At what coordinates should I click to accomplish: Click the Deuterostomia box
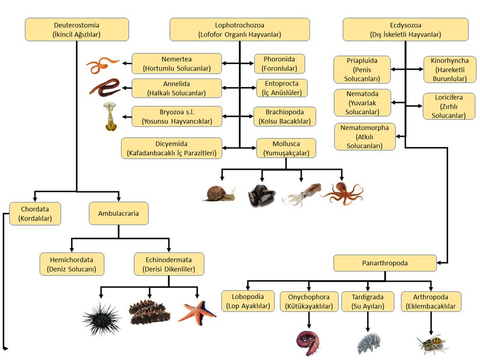click(77, 30)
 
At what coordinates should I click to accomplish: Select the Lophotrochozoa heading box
click(240, 30)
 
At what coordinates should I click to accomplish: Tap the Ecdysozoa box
click(406, 30)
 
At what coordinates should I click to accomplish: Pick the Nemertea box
click(177, 63)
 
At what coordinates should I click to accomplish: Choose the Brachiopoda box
click(285, 116)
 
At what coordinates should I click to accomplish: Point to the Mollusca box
click(286, 148)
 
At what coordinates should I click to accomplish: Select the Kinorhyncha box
click(450, 70)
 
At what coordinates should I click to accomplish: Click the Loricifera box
click(450, 106)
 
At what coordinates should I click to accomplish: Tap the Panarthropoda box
click(385, 263)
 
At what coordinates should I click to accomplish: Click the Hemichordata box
click(72, 263)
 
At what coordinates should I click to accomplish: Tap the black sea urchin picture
click(101, 318)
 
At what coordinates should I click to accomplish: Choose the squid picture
click(301, 194)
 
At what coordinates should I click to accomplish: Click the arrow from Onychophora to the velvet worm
click(308, 320)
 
